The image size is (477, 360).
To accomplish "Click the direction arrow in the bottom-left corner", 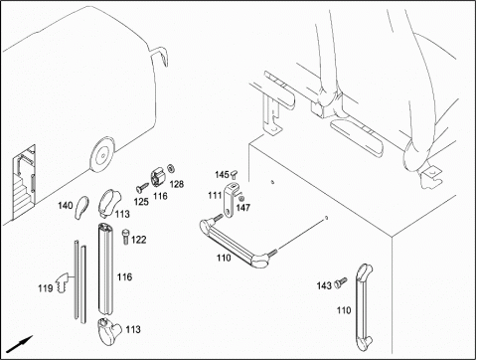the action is [x=20, y=344].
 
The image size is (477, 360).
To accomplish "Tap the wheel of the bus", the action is [x=102, y=155].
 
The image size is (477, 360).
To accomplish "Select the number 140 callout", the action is [x=66, y=206].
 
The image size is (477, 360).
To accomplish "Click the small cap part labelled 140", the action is [x=81, y=207].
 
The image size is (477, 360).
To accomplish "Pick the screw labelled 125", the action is [x=143, y=187].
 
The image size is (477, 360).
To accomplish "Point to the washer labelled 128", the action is [x=172, y=168].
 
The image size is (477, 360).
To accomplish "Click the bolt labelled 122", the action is [x=125, y=237].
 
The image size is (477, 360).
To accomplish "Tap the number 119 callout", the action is [x=46, y=288].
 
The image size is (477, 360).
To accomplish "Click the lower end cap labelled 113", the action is [x=109, y=331].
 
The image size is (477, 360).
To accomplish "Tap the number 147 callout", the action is [x=243, y=208].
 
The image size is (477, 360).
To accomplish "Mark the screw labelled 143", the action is [x=340, y=282].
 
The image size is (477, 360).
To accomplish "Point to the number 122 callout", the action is [x=139, y=240].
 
